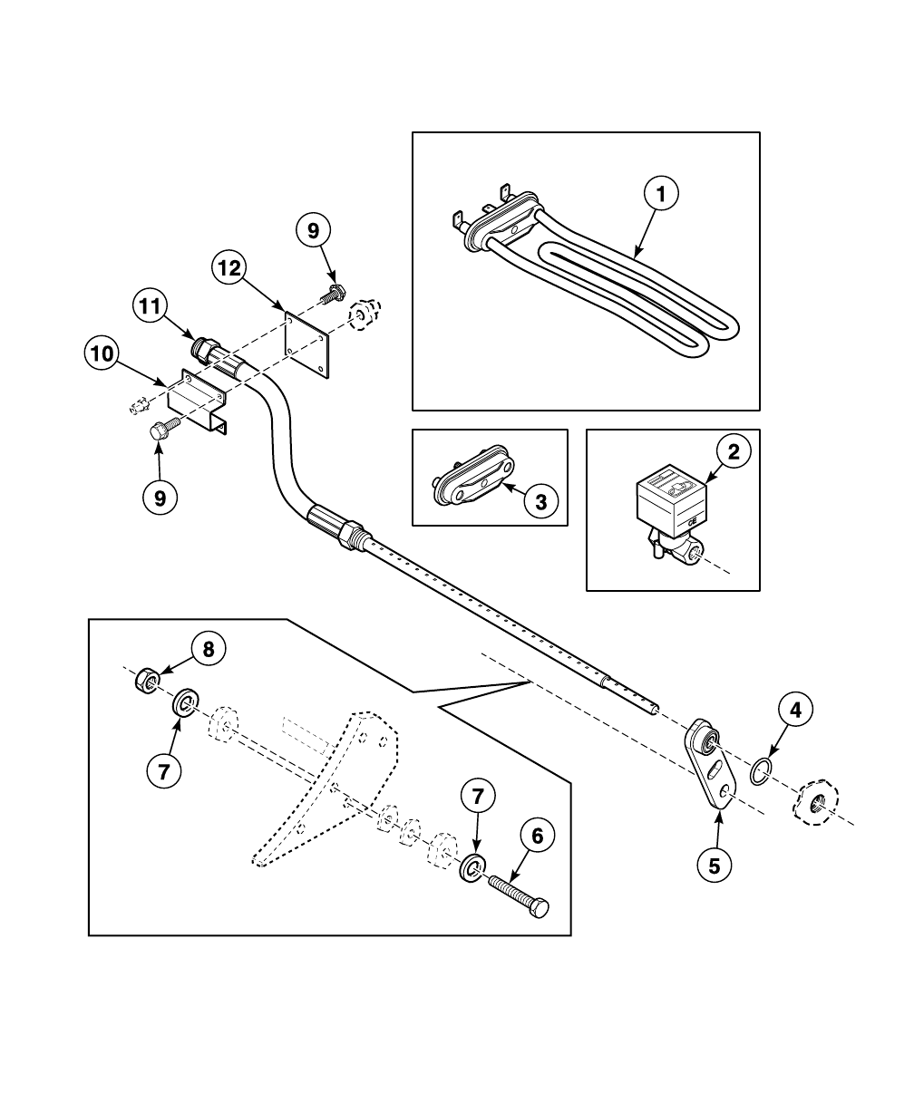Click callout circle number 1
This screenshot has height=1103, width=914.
coord(661,193)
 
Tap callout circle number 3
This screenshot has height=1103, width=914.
coord(541,501)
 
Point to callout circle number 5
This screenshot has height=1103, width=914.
coord(715,865)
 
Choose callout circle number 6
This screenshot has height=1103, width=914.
coord(537,837)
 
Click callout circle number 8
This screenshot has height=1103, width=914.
coord(208,649)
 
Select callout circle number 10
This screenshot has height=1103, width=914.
coord(103,353)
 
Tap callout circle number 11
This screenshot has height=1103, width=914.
coord(152,305)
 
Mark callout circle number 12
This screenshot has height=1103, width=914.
coord(230,267)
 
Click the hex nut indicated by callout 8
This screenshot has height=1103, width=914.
coord(148,679)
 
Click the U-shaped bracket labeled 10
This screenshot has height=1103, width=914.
coord(199,398)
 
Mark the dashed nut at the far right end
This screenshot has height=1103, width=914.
coord(819,800)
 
